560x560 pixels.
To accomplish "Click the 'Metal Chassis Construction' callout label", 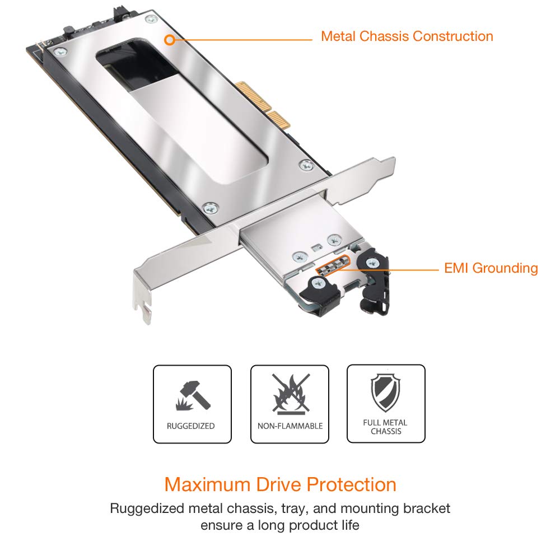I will pos(407,36).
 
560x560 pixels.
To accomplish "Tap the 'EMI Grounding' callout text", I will pos(491,268).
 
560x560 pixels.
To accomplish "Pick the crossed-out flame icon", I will pos(290,393).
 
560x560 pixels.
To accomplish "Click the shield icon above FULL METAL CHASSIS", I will pos(385,393).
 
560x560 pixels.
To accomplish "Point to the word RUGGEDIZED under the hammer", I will pos(191,426).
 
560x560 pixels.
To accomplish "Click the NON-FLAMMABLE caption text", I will pos(290,426).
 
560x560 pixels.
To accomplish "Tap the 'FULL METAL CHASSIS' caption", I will pos(385,427).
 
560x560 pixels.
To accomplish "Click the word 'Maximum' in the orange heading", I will pos(207,484).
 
